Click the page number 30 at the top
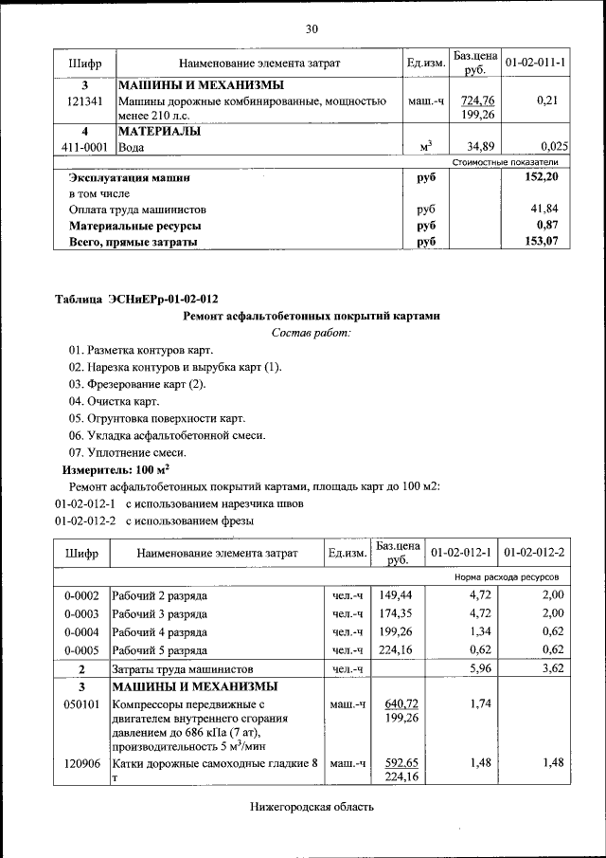click(x=312, y=29)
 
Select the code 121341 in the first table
click(x=85, y=100)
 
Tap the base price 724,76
click(x=477, y=100)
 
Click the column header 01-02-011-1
click(x=535, y=63)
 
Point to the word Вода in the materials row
click(x=133, y=147)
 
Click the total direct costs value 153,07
click(x=545, y=242)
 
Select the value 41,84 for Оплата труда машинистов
click(x=547, y=209)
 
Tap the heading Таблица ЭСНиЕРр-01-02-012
click(x=130, y=300)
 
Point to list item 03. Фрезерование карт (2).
click(x=136, y=384)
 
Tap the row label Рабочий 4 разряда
click(x=160, y=631)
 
